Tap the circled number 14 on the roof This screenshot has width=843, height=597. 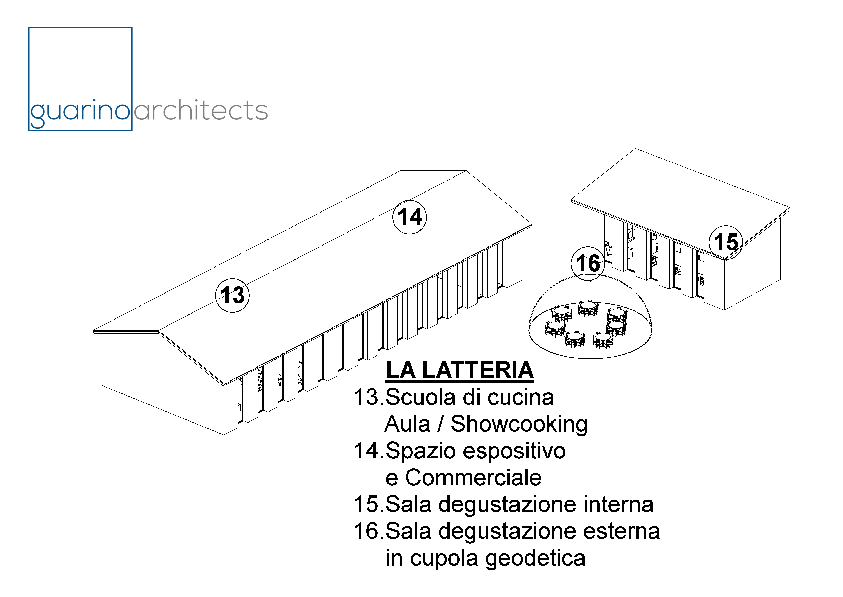pyautogui.click(x=410, y=217)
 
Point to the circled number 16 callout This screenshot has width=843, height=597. pyautogui.click(x=588, y=263)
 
